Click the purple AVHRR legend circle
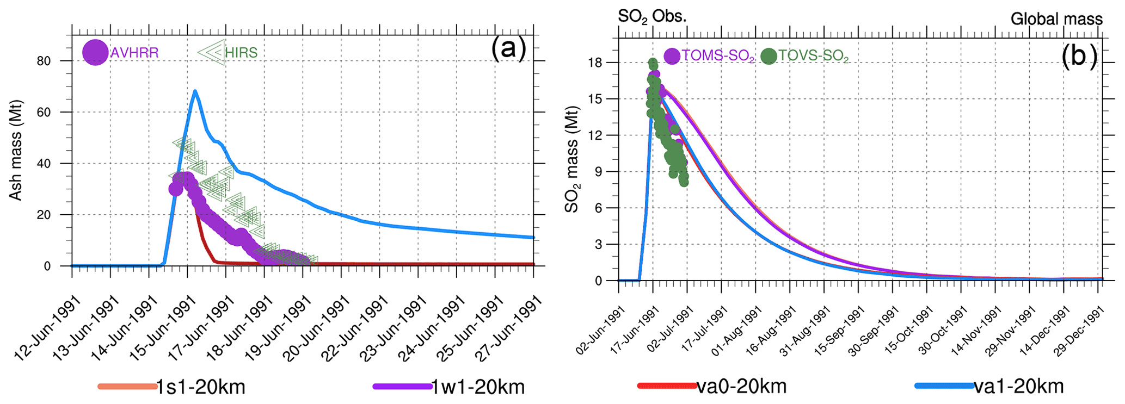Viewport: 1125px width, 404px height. click(x=95, y=53)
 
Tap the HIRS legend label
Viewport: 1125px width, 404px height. click(x=241, y=53)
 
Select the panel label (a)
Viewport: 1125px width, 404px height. click(x=508, y=48)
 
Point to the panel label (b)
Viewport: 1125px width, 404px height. click(x=1079, y=56)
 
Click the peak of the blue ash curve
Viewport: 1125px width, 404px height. click(x=195, y=91)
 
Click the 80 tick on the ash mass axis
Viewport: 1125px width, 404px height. click(x=44, y=61)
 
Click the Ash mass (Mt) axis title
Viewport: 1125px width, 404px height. click(x=16, y=150)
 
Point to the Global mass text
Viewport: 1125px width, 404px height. click(x=1056, y=19)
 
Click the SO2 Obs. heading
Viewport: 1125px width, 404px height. click(x=652, y=16)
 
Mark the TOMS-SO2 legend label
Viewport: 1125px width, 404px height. click(x=718, y=56)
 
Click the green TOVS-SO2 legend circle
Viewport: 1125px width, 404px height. click(x=769, y=56)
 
